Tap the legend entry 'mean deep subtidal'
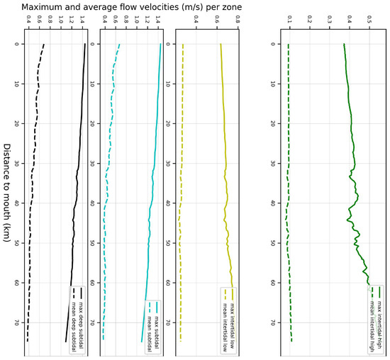tap(73, 312)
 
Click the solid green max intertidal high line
tap(352, 142)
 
